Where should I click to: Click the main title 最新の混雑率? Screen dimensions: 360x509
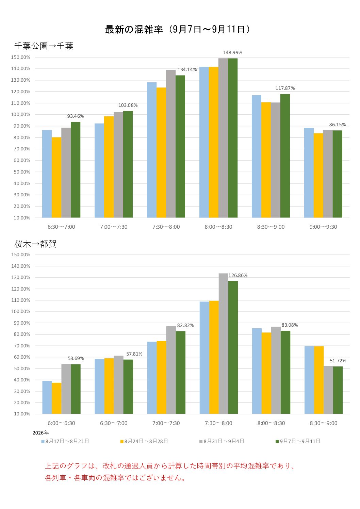click(134, 29)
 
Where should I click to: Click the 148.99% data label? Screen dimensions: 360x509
click(233, 52)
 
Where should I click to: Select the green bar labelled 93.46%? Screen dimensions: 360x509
click(76, 170)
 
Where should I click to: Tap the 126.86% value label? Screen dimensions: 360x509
click(238, 275)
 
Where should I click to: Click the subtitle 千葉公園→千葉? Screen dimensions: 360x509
click(44, 46)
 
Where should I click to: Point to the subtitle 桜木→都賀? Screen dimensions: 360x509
click(35, 244)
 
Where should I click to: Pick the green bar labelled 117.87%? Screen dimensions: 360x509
click(285, 155)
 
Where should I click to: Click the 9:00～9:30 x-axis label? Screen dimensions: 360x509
click(323, 227)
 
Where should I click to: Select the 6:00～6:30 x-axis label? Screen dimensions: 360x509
click(61, 423)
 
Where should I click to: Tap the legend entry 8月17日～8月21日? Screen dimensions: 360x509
click(65, 441)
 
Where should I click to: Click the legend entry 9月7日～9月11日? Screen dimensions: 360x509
click(298, 441)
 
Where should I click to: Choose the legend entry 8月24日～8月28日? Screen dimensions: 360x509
click(144, 441)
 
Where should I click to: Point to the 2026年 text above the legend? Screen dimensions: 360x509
click(41, 433)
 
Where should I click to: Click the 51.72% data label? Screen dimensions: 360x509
click(338, 361)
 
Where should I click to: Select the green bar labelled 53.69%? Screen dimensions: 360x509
click(76, 389)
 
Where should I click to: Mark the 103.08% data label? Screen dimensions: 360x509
click(128, 105)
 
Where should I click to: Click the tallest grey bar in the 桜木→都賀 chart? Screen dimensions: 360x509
click(224, 344)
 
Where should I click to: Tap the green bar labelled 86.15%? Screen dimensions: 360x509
click(337, 174)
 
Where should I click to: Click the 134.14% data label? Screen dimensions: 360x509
click(187, 69)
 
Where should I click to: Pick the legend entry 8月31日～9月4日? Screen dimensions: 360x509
click(222, 441)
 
